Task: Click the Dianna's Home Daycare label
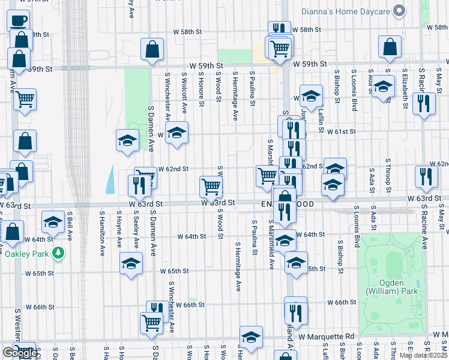point(347,10)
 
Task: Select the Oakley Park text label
point(28,253)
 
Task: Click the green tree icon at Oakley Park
point(58,253)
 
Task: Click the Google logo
point(19,353)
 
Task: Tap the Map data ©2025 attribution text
point(424,355)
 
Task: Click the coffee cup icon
point(18,20)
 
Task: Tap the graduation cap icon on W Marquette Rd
point(252,337)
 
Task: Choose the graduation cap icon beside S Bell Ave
point(53,222)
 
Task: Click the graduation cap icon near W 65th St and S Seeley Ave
point(131,263)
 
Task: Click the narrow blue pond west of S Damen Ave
point(111,179)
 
